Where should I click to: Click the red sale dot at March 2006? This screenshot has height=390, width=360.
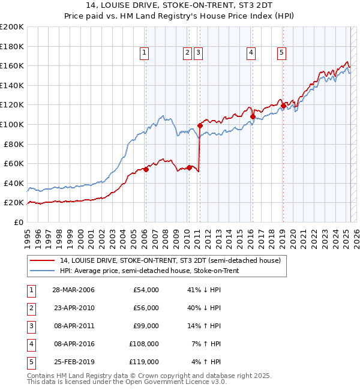click(x=146, y=169)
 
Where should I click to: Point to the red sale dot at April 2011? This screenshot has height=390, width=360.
click(x=200, y=125)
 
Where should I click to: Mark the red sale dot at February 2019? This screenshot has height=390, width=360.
click(x=283, y=106)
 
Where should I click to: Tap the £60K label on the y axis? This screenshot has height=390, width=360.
click(x=14, y=163)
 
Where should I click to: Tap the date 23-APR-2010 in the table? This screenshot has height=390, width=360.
click(x=73, y=308)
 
